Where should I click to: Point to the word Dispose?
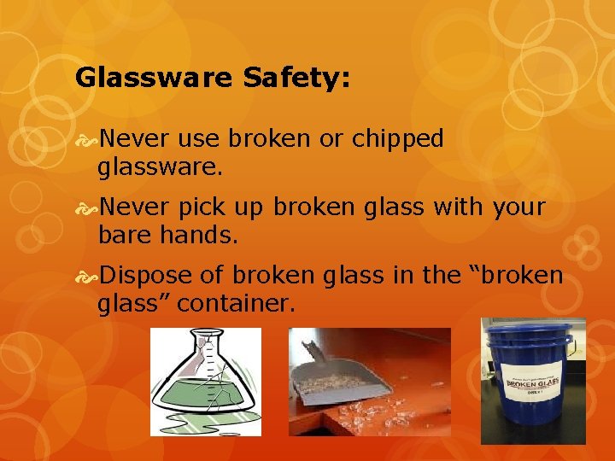click(147, 276)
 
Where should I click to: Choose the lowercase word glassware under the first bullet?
click(160, 166)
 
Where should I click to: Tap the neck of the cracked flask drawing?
click(206, 350)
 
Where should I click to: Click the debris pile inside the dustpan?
click(342, 380)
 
